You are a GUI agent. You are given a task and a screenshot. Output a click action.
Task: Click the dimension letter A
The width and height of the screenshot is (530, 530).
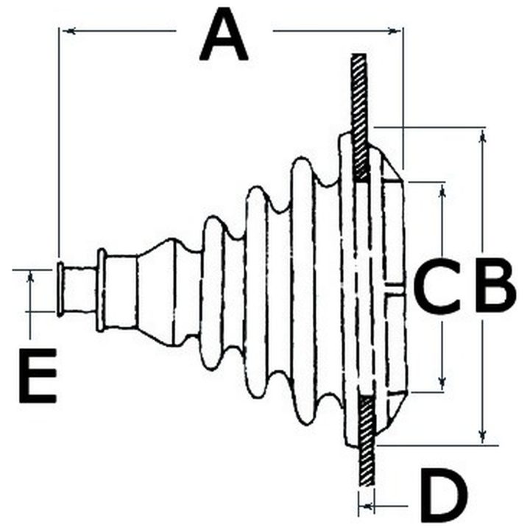pos(224,34)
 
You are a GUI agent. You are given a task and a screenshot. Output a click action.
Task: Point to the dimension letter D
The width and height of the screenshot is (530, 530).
pos(443,496)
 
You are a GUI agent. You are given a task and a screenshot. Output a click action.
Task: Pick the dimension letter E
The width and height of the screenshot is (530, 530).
pos(38,375)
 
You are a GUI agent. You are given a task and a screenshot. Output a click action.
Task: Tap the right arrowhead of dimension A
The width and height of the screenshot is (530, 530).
pos(393,31)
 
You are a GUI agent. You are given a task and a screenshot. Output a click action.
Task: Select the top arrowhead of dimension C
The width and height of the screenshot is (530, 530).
pos(442,192)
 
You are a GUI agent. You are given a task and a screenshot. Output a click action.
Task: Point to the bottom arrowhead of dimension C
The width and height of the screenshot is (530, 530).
pos(442,384)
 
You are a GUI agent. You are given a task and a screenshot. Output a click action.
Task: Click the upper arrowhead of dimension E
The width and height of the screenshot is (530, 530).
pos(30,278)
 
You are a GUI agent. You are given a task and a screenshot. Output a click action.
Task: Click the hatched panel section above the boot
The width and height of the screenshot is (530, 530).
pos(360,116)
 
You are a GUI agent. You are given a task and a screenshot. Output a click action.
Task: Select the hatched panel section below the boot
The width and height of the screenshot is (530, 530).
pos(367,440)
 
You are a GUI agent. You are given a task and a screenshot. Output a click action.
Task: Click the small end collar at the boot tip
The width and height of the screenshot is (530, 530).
pos(60,289)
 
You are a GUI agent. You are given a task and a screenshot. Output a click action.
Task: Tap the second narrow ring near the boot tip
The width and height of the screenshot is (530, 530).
pos(101,290)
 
